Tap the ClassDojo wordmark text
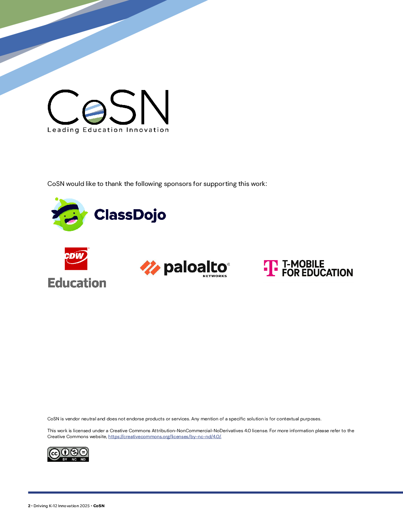click(130, 215)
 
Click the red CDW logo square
click(76, 259)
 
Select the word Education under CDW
click(77, 283)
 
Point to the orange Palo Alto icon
click(150, 268)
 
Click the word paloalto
click(195, 267)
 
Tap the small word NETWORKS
click(215, 276)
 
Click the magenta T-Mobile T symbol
click(271, 268)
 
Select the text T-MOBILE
click(303, 264)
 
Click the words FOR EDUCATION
click(317, 273)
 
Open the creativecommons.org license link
click(165, 437)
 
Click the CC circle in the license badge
click(55, 454)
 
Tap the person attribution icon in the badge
click(65, 452)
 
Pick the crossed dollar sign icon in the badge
click(74, 452)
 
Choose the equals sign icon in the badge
click(83, 452)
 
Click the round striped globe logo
click(94, 112)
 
